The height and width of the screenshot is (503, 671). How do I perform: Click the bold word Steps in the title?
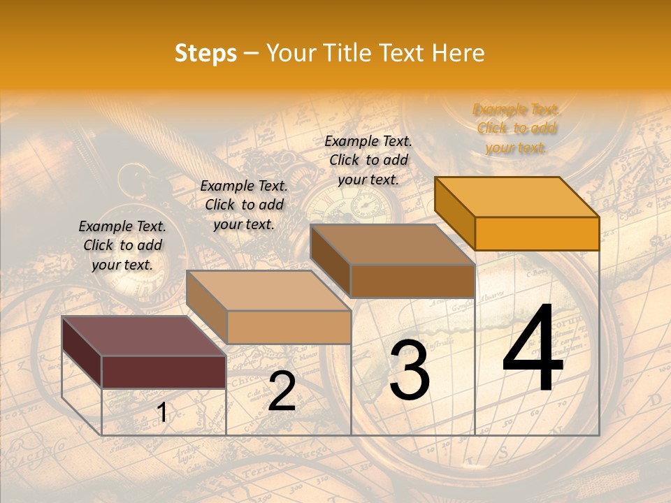205,53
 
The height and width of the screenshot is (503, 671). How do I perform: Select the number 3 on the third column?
409,370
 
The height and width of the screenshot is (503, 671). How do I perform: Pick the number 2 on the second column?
282,392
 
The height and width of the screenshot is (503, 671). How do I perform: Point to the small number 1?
161,413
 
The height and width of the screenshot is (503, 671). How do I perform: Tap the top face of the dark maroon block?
143,335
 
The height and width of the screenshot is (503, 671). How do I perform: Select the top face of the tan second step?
268,290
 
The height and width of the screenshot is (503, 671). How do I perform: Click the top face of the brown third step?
392,244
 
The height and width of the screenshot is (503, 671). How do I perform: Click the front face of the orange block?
537,233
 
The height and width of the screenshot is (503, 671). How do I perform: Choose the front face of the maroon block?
164,372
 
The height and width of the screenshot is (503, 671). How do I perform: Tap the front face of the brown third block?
412,281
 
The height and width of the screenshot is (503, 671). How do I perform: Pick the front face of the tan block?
288,327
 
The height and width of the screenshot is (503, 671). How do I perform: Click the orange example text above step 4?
516,128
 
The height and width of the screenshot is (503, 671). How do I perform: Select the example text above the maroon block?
122,245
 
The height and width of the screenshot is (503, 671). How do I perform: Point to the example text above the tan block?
244,205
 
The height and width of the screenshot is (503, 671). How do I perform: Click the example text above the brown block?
368,160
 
